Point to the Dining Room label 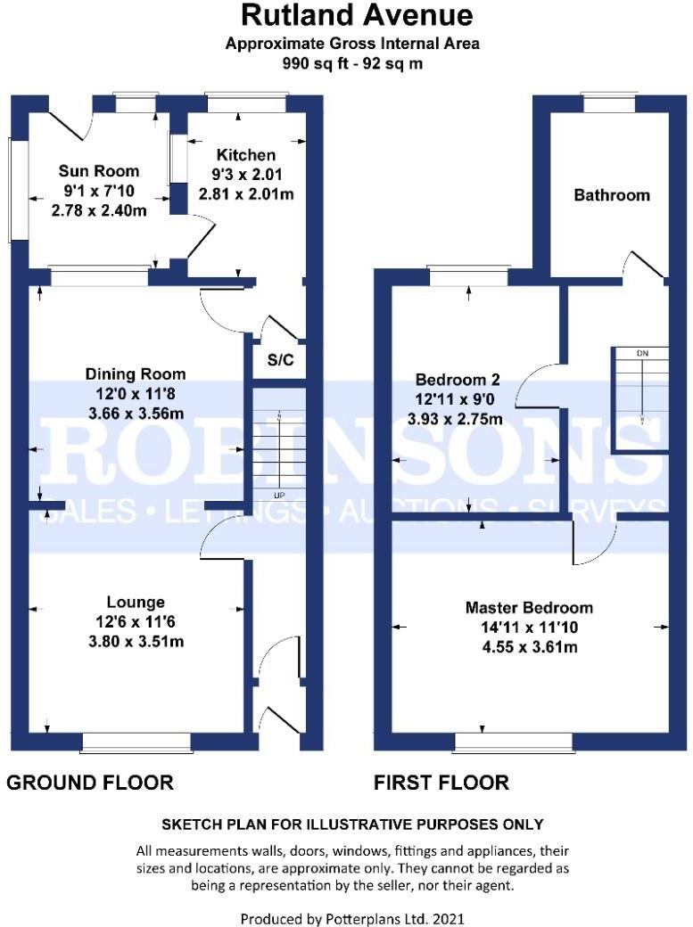point(136,373)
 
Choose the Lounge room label point(136,603)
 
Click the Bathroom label point(611,194)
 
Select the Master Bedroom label point(529,608)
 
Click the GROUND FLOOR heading point(89,783)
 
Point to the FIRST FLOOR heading point(441,783)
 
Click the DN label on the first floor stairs point(641,353)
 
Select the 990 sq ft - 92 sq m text point(352,64)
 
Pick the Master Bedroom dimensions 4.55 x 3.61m point(529,647)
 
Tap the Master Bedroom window point(513,740)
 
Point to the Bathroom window point(610,103)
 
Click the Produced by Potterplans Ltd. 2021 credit point(352,918)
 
